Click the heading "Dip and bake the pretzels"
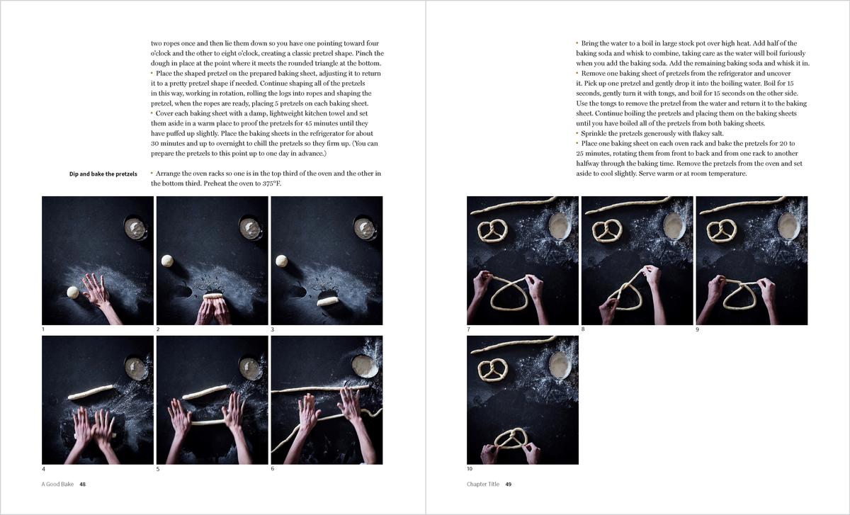point(103,174)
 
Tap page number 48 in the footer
point(82,485)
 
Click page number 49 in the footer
point(509,485)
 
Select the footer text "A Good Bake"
point(57,485)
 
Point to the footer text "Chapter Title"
point(483,485)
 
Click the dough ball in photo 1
point(73,293)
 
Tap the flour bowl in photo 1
point(135,229)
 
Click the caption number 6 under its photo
point(273,469)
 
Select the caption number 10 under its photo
point(470,469)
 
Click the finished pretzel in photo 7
point(492,231)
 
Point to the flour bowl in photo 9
point(789,226)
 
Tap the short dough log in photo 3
point(327,301)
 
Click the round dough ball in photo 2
point(167,261)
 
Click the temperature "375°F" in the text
point(272,183)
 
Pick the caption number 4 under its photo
point(44,469)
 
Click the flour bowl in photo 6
point(365,366)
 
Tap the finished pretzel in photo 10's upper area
point(492,370)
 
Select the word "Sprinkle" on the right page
point(594,134)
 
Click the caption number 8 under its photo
point(583,329)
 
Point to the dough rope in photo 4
point(91,392)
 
